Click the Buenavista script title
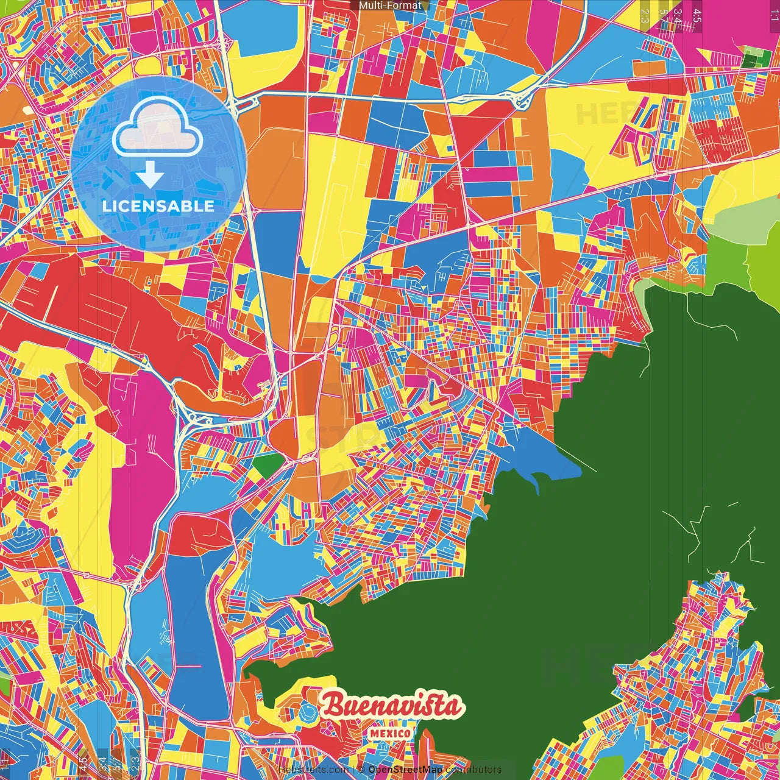pyautogui.click(x=392, y=706)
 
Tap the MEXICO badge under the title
pyautogui.click(x=390, y=732)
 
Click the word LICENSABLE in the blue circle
pyautogui.click(x=158, y=206)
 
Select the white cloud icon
pyautogui.click(x=158, y=125)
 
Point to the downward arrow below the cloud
pyautogui.click(x=150, y=175)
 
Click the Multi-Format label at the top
pyautogui.click(x=390, y=5)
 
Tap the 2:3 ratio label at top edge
pyautogui.click(x=645, y=13)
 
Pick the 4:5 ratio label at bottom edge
pyautogui.click(x=83, y=764)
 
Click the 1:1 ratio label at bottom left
pyautogui.click(x=5, y=764)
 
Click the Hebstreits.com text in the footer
pyautogui.click(x=313, y=770)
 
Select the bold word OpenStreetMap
pyautogui.click(x=405, y=770)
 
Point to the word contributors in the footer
pyautogui.click(x=473, y=770)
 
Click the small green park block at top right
pyautogui.click(x=756, y=59)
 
